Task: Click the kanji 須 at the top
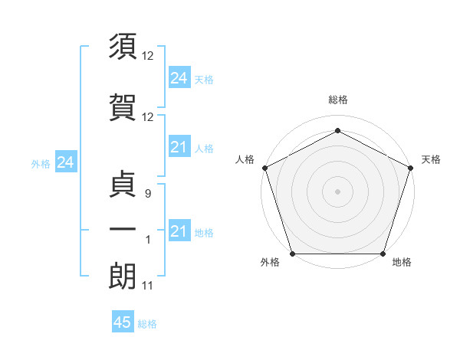point(123,45)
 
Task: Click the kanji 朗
point(123,275)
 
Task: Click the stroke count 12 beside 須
point(148,57)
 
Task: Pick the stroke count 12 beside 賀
point(148,117)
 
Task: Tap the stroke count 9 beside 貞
point(148,195)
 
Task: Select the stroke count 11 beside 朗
point(148,286)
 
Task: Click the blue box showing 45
point(123,322)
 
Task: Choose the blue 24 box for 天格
point(179,78)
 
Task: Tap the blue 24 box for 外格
point(65,162)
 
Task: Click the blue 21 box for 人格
point(179,147)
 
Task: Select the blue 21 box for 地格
point(179,231)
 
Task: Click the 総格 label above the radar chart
point(337,100)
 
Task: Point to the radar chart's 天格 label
point(431,159)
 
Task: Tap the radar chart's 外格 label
point(270,263)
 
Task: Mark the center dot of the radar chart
point(337,191)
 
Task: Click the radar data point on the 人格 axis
point(264,168)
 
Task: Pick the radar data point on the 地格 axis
point(383,254)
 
